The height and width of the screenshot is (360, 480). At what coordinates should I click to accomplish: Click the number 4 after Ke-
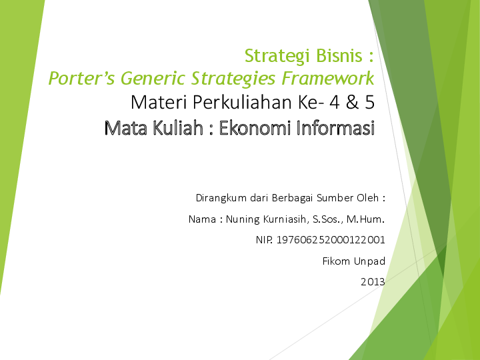click(337, 103)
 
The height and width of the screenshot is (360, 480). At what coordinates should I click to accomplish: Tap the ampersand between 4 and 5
click(352, 103)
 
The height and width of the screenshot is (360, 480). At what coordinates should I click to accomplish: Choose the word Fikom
click(335, 261)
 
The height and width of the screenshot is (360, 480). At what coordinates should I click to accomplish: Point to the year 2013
click(373, 282)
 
